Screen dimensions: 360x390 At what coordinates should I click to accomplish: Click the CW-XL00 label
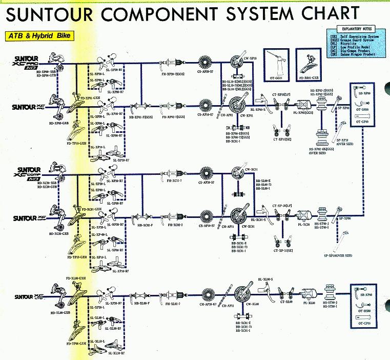coord(252,304)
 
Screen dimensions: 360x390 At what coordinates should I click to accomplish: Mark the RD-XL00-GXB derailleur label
coord(60,312)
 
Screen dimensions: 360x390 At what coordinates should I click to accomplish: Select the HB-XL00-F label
coord(142,304)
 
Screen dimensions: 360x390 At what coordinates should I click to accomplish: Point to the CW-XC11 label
coord(251,169)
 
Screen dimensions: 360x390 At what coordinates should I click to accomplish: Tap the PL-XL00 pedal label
coord(308,304)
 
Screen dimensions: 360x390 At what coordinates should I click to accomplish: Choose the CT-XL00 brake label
coord(286,302)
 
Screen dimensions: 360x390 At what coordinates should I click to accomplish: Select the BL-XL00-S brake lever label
coord(265,279)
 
